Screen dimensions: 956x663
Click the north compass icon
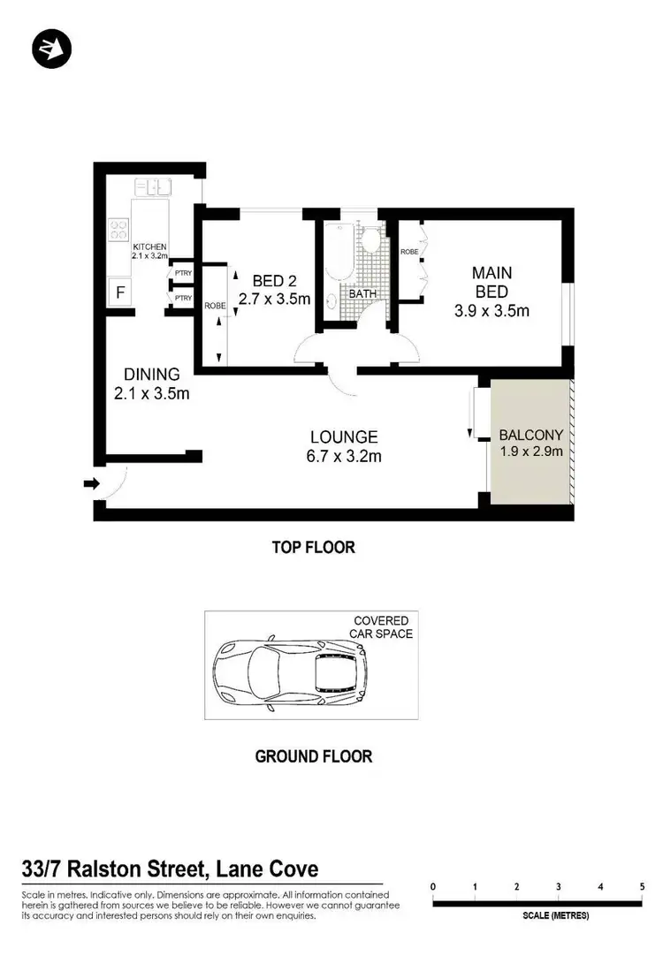pyautogui.click(x=50, y=49)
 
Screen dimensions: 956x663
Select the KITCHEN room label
pyautogui.click(x=149, y=247)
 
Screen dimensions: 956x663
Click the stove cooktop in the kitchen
pyautogui.click(x=118, y=230)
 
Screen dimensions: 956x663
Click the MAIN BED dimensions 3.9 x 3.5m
pyautogui.click(x=491, y=310)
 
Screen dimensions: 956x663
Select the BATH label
pyautogui.click(x=362, y=292)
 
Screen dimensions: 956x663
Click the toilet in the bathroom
pyautogui.click(x=370, y=240)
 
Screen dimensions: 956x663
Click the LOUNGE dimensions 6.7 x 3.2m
pyautogui.click(x=344, y=456)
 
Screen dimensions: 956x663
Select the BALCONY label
pyautogui.click(x=530, y=435)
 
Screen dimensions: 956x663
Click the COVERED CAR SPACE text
pyautogui.click(x=383, y=627)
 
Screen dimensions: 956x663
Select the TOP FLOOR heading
pyautogui.click(x=313, y=548)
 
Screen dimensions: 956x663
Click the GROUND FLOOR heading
pyautogui.click(x=313, y=756)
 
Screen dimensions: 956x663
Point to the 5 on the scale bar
pyautogui.click(x=642, y=886)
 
